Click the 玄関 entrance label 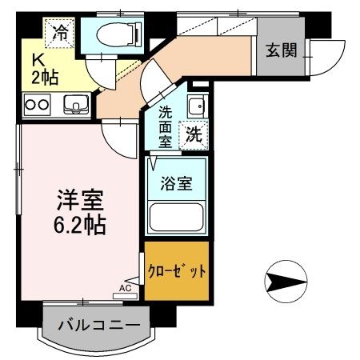click(x=282, y=51)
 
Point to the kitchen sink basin click(x=74, y=102)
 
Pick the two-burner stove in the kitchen click(x=38, y=102)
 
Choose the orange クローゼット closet click(x=177, y=270)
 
